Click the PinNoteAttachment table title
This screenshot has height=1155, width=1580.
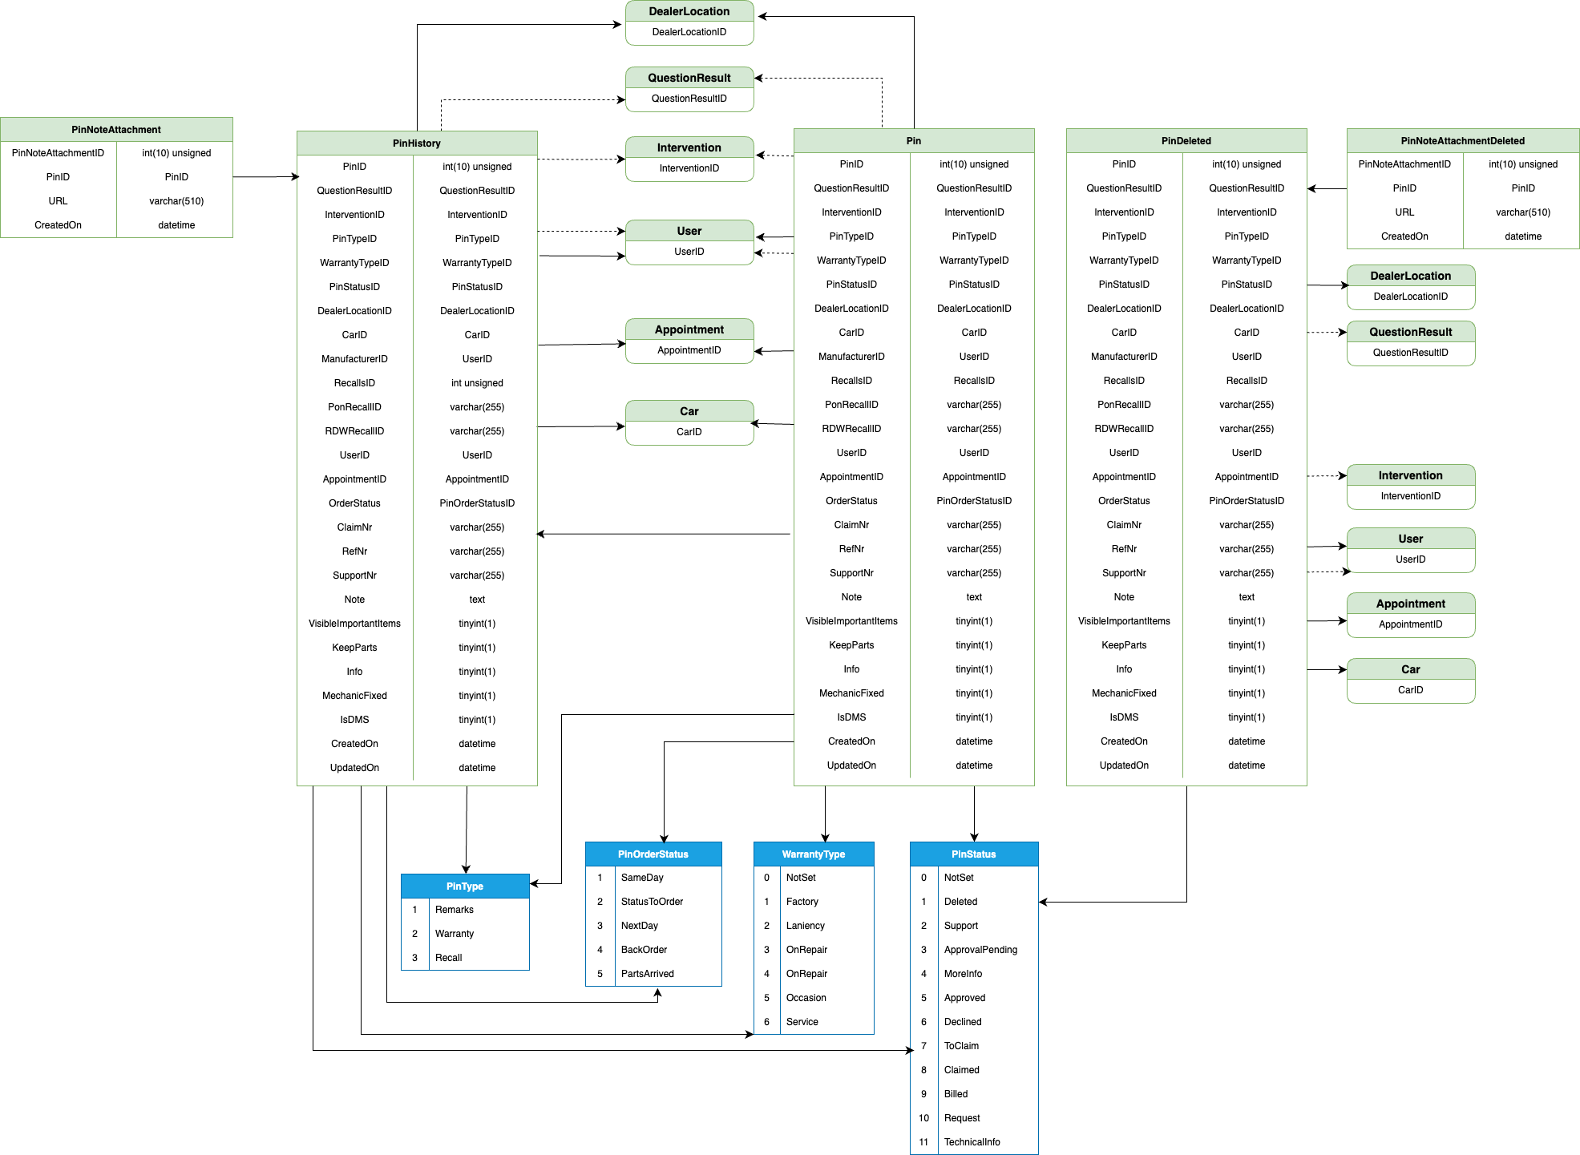(116, 130)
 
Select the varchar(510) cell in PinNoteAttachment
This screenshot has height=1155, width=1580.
(176, 201)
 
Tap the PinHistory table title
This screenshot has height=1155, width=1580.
(417, 143)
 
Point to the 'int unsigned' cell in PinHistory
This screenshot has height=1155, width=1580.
(477, 383)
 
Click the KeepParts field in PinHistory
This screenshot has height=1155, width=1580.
(354, 648)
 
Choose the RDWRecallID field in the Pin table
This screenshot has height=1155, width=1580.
(851, 429)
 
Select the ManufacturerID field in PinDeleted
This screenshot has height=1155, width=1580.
(1124, 357)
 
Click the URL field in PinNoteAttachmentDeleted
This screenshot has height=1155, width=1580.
(1404, 212)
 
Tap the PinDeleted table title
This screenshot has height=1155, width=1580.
(1186, 141)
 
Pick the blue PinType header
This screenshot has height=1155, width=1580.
(465, 886)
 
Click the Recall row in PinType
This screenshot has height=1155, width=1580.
(449, 958)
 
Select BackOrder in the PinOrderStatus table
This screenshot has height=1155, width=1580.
(644, 950)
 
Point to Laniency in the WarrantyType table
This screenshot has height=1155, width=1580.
(805, 926)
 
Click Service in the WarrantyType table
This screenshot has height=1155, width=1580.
(802, 1022)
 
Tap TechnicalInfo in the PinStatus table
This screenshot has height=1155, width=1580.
(972, 1142)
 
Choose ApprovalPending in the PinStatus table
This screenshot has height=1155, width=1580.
(980, 950)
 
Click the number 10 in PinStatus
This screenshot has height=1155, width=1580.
(923, 1118)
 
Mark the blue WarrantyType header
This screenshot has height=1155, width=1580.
(814, 854)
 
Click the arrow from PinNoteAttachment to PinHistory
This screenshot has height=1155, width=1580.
(266, 176)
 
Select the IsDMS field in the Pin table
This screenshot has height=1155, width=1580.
(851, 717)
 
